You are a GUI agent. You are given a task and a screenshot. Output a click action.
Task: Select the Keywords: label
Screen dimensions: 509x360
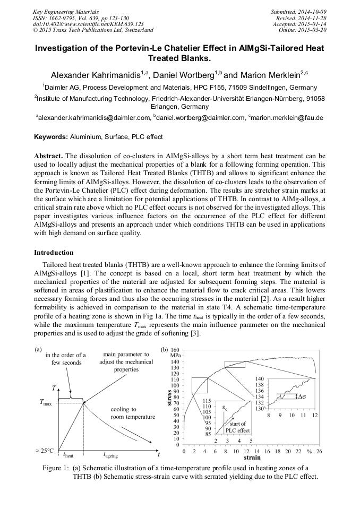point(51,137)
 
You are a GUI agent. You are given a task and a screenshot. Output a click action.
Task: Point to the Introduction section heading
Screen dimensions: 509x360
point(54,252)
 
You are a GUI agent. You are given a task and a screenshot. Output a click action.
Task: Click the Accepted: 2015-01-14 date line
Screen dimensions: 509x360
point(297,24)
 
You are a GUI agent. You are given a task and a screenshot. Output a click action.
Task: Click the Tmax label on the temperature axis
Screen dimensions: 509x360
point(46,404)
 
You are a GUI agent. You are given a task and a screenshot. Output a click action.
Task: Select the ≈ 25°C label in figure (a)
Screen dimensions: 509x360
point(44,451)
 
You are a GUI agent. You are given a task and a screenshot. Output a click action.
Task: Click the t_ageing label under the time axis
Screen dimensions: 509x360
point(111,455)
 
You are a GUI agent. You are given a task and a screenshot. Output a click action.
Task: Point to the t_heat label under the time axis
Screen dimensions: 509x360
point(68,455)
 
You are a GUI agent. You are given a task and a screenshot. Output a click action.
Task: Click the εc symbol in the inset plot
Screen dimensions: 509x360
point(225,408)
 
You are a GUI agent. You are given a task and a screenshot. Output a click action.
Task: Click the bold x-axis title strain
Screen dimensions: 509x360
point(252,457)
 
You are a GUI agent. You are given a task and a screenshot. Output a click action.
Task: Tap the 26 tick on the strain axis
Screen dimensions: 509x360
point(319,451)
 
